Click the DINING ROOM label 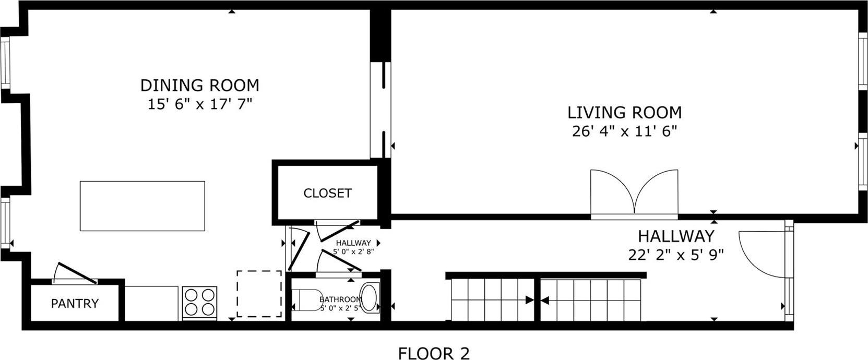click(x=200, y=85)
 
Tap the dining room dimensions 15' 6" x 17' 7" click(x=200, y=104)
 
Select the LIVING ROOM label click(x=624, y=112)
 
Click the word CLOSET click(x=327, y=193)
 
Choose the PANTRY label click(x=75, y=303)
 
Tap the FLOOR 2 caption click(x=434, y=353)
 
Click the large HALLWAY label click(x=676, y=236)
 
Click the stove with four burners click(x=199, y=302)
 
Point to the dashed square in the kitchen click(x=259, y=293)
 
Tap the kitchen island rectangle click(x=142, y=206)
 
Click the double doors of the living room click(x=634, y=193)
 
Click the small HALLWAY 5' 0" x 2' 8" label click(x=353, y=247)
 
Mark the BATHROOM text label click(x=340, y=299)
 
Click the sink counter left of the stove click(x=152, y=303)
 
